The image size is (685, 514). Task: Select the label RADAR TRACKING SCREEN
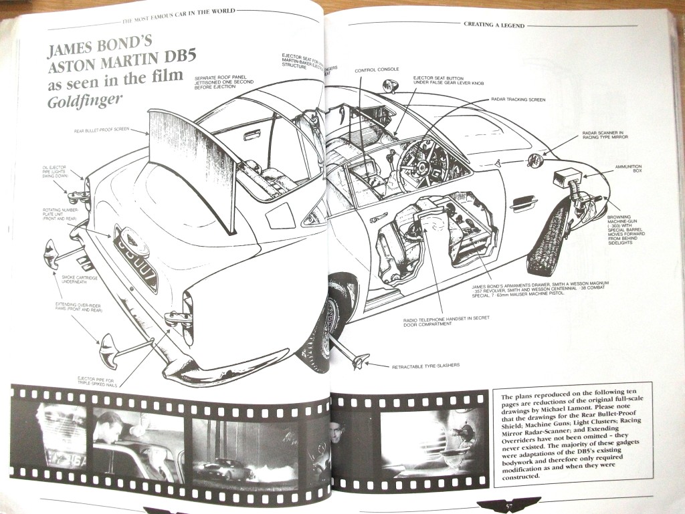[x=518, y=100]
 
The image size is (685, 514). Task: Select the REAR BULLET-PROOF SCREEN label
[x=102, y=130]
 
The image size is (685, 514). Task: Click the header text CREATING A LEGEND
[x=494, y=25]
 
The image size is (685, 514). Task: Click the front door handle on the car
[x=523, y=202]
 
